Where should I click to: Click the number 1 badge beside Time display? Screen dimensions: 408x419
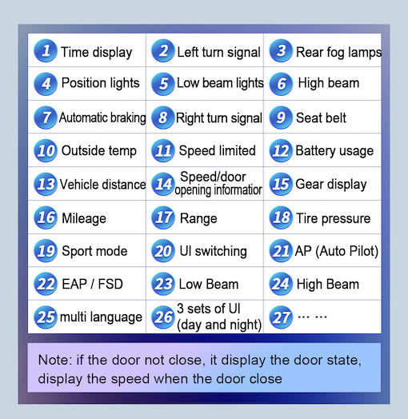[x=46, y=50]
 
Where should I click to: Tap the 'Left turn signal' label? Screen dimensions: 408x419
[x=218, y=52]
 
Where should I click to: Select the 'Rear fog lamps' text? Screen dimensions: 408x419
[x=338, y=53]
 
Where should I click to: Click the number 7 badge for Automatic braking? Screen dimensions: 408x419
[x=46, y=118]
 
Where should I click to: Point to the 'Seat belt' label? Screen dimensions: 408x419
[x=321, y=118]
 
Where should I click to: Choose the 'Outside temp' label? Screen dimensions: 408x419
[x=99, y=151]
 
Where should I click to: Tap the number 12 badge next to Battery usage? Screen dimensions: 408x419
[x=281, y=150]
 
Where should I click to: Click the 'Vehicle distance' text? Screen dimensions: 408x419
[x=102, y=185]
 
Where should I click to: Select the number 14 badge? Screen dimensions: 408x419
[x=163, y=184]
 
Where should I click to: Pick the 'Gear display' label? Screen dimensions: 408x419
[x=331, y=185]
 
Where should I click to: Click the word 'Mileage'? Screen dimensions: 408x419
[x=84, y=219]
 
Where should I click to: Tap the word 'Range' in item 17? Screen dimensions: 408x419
[x=198, y=219]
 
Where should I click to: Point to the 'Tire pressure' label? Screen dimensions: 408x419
[x=333, y=219]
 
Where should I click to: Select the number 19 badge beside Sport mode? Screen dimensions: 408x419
[x=46, y=250]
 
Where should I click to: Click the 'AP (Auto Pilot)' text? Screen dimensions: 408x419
[x=337, y=251]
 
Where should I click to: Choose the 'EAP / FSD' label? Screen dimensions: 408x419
[x=92, y=284]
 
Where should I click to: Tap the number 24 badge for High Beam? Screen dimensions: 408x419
[x=281, y=284]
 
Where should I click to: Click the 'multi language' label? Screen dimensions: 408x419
[x=101, y=317]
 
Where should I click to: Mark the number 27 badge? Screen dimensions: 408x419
[x=281, y=317]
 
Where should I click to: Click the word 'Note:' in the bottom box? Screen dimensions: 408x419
[x=55, y=360]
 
